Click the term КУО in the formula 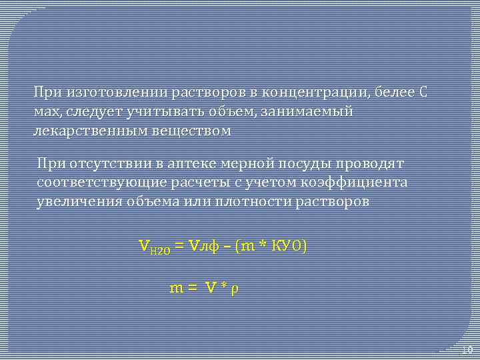point(287,247)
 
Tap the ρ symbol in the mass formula point(233,289)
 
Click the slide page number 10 point(467,350)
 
